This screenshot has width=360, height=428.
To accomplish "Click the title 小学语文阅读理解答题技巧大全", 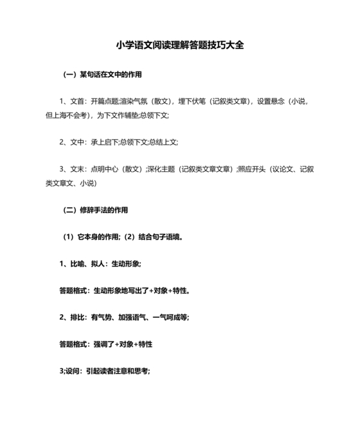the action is click(180, 46).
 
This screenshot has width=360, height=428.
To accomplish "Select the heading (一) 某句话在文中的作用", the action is click(102, 75).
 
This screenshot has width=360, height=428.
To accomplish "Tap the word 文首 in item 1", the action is click(76, 101).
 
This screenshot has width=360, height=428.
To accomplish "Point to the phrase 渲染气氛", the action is click(132, 101).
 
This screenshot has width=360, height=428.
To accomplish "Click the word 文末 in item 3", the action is click(76, 169).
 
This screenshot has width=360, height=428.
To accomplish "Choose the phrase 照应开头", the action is click(252, 169).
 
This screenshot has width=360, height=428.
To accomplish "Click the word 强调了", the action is click(104, 344).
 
